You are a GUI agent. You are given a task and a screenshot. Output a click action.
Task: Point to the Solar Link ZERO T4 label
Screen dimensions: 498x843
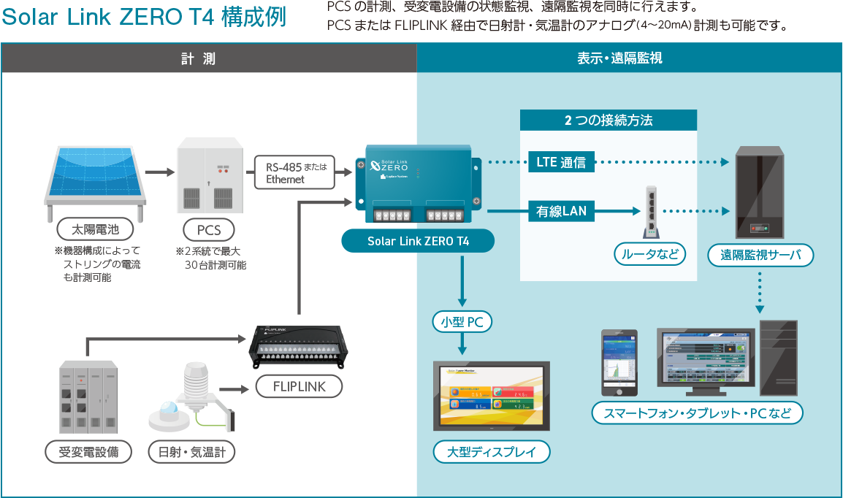pos(418,242)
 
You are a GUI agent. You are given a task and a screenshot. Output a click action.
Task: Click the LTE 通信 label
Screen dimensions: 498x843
pos(561,162)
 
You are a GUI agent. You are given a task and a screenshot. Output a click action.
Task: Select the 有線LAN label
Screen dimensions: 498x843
pos(561,212)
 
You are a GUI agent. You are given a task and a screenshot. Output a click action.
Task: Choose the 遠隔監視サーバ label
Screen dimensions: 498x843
pos(760,255)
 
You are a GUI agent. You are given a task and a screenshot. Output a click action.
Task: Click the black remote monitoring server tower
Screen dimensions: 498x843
pos(760,193)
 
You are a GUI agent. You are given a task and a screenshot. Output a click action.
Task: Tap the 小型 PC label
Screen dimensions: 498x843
pos(462,321)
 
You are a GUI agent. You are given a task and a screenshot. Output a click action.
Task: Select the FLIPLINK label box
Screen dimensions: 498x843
pos(300,386)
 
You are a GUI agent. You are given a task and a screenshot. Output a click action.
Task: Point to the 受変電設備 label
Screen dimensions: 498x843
pos(88,452)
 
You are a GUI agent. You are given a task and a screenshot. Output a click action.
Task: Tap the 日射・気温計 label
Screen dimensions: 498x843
pos(192,452)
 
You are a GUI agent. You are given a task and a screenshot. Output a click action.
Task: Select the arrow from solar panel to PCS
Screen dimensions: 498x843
pos(157,173)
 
